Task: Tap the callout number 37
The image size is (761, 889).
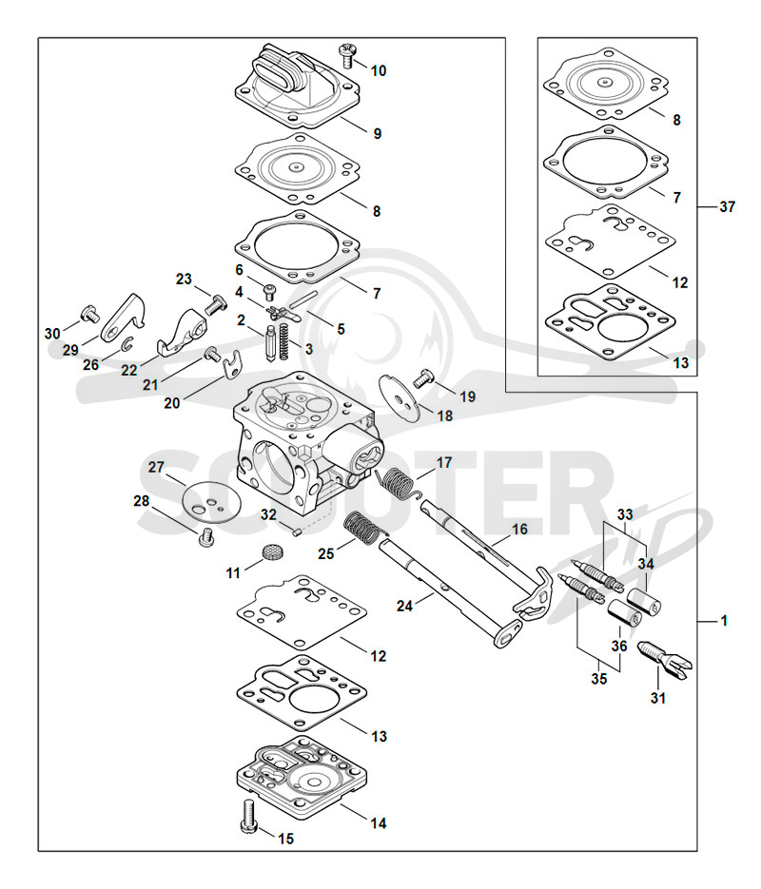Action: tap(727, 207)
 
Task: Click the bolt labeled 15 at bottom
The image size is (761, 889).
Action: tap(249, 816)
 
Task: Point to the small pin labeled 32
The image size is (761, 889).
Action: tap(296, 531)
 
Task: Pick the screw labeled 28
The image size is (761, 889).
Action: tap(207, 537)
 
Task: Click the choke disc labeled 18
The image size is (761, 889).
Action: tap(400, 396)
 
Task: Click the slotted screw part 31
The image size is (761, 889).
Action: tap(665, 659)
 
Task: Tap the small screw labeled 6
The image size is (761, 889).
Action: tap(269, 292)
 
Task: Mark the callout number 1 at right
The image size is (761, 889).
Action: tap(724, 622)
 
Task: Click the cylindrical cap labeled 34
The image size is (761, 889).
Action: tap(645, 601)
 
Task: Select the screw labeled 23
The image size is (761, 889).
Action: tap(213, 305)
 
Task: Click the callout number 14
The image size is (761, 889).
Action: tap(379, 822)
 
